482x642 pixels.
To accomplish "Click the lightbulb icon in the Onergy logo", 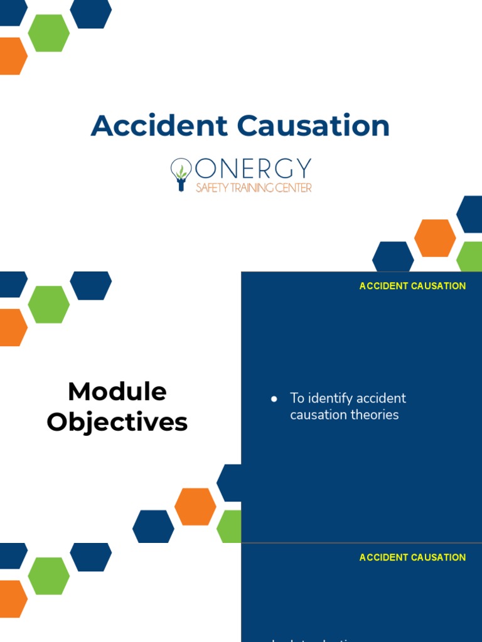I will coord(181,174).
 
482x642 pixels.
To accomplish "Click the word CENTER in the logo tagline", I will coord(292,187).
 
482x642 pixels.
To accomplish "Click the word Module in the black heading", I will coord(117,392).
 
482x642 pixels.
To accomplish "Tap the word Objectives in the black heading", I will coord(117,422).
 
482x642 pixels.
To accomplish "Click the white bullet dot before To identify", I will coord(274,399).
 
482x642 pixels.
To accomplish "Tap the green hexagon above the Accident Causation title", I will coord(48,33).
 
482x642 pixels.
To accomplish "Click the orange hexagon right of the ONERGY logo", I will coord(435,238).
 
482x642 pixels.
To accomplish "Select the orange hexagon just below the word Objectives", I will coord(195,507).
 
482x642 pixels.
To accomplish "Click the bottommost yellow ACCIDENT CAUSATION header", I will coord(412,557).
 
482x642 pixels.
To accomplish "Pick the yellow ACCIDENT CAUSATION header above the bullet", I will coord(412,286).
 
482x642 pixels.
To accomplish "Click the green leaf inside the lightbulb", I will coord(181,171).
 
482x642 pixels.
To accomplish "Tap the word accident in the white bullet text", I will coord(381,398).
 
